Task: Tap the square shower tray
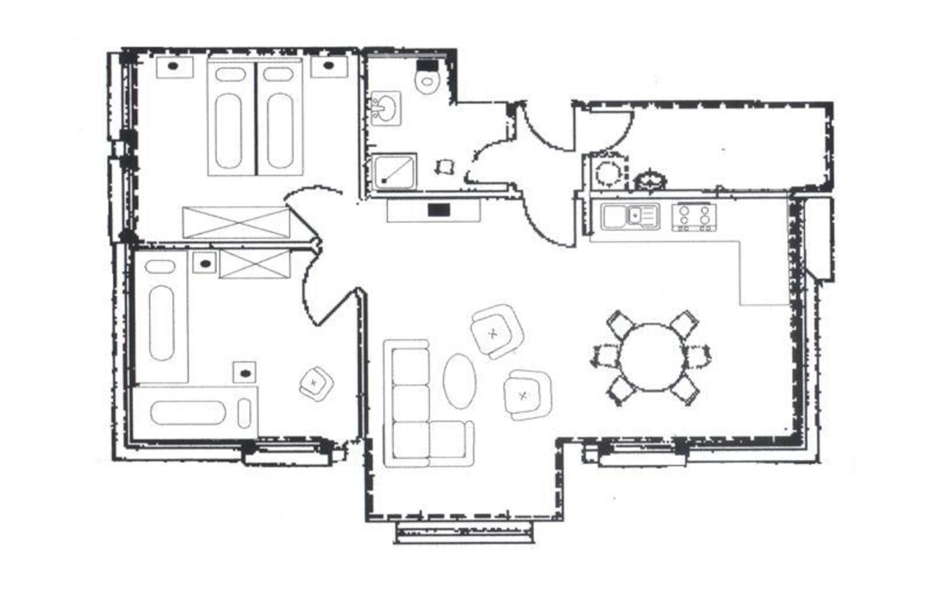pos(394,171)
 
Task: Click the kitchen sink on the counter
pos(630,216)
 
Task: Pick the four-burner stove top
pos(694,217)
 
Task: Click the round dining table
pos(651,358)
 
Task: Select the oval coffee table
pos(459,381)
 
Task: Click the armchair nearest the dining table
pos(527,395)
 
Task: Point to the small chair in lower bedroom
pos(316,383)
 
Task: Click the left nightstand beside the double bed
pos(174,66)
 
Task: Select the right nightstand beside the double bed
pos(329,66)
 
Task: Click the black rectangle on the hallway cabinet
pos(439,210)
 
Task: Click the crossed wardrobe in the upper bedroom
pos(236,222)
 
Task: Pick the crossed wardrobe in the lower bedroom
pos(255,264)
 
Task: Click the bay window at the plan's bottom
pos(464,531)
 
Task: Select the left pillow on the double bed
pos(230,75)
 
